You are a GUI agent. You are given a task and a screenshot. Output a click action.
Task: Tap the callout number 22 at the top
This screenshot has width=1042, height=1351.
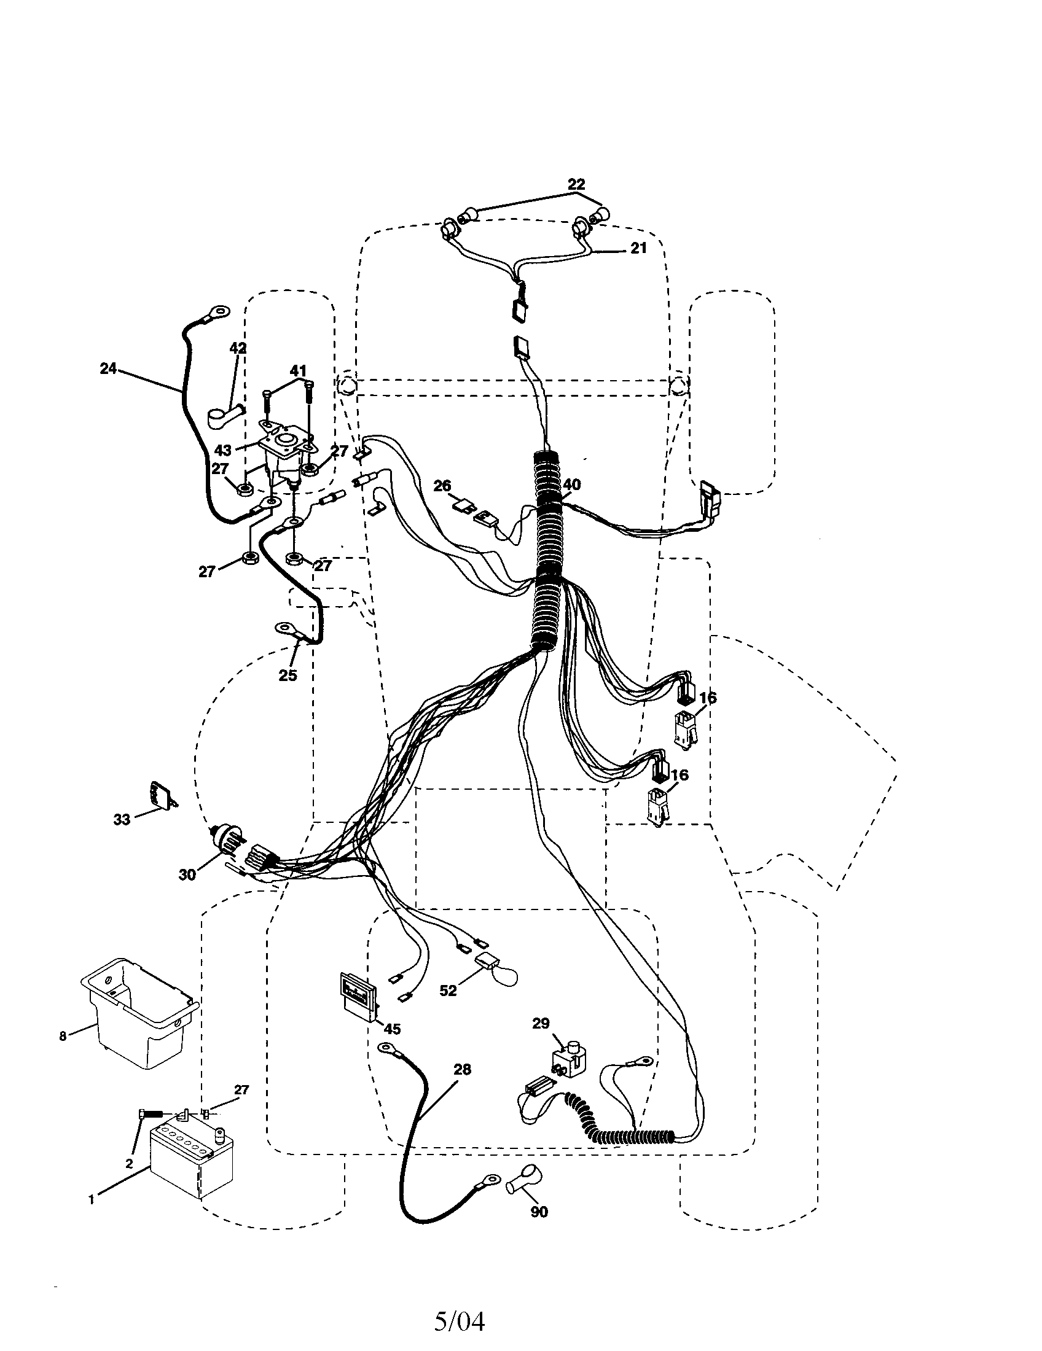pyautogui.click(x=576, y=184)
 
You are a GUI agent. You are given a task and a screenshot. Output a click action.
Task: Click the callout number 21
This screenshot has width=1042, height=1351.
pyautogui.click(x=638, y=248)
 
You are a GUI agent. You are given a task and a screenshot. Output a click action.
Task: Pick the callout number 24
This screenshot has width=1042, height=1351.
pyautogui.click(x=108, y=368)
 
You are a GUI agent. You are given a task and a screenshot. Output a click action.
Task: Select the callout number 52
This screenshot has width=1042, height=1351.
pyautogui.click(x=448, y=991)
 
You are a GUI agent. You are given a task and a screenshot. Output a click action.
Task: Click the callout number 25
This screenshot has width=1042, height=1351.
pyautogui.click(x=288, y=675)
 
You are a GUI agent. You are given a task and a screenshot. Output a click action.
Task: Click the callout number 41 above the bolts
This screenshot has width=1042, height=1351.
pyautogui.click(x=298, y=371)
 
